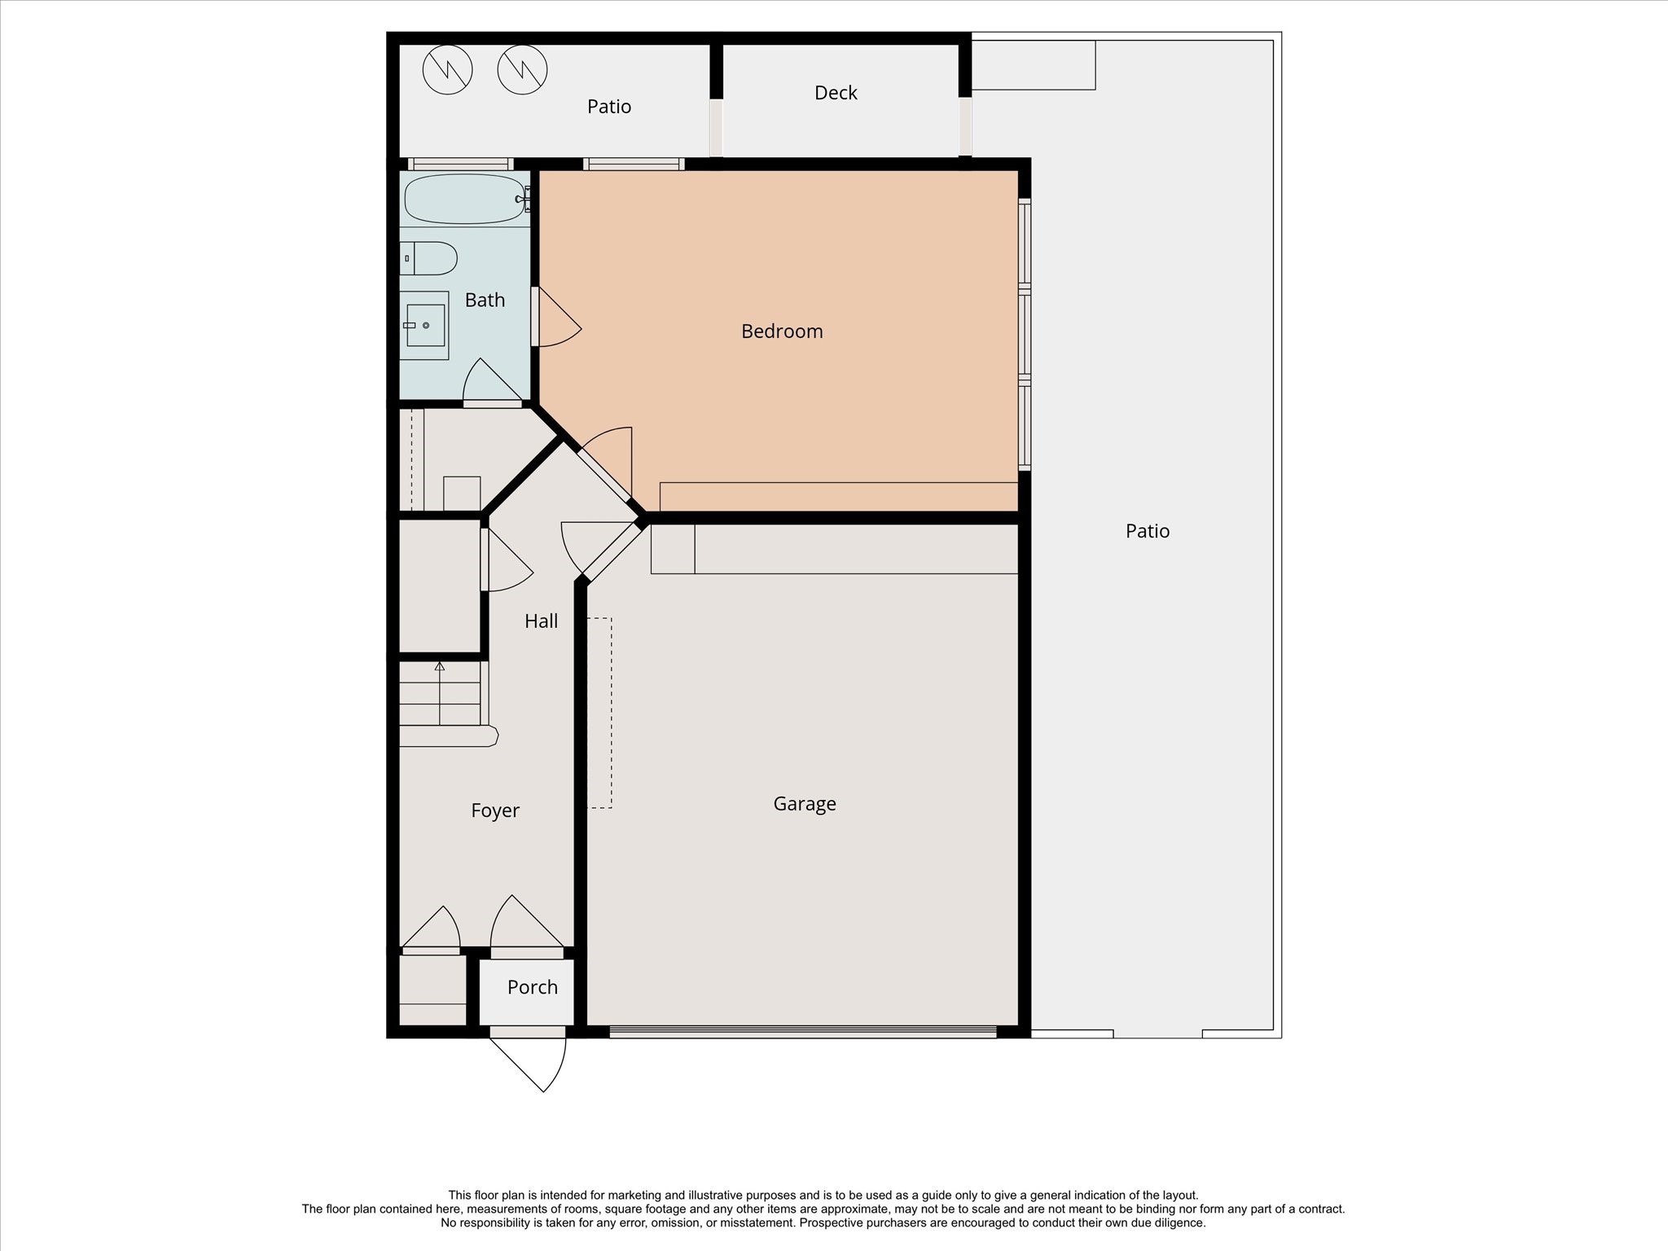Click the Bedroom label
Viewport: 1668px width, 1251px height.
[x=782, y=331]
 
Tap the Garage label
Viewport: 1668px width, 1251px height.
[x=804, y=804]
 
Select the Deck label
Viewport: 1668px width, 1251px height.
[x=836, y=93]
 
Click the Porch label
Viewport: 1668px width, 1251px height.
[x=532, y=987]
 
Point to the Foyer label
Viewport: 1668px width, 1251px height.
[x=494, y=810]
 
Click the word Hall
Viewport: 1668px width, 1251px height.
[x=541, y=621]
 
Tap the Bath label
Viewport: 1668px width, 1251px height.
[x=485, y=301]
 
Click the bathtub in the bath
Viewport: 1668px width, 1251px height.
[x=464, y=199]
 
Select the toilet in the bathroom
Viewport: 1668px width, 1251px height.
[x=429, y=258]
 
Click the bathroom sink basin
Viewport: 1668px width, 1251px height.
[x=425, y=325]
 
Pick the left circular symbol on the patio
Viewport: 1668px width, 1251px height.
[x=448, y=69]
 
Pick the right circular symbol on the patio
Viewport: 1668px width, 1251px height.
[x=522, y=69]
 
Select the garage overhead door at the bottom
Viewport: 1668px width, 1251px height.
[x=802, y=1031]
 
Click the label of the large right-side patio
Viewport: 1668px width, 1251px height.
[x=1147, y=531]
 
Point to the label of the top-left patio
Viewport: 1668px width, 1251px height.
[x=608, y=107]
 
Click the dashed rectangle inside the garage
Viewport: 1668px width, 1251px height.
[x=600, y=713]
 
